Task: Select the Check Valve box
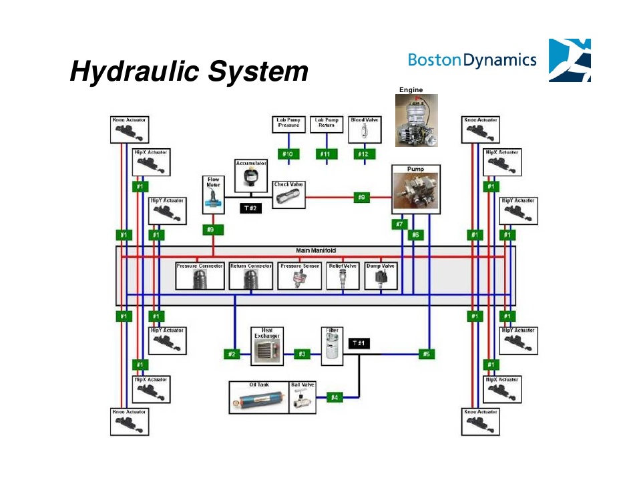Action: click(x=288, y=194)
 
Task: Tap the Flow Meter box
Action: click(x=214, y=194)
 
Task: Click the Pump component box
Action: click(x=417, y=190)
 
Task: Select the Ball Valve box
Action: click(x=304, y=397)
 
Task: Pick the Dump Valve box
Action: click(x=381, y=276)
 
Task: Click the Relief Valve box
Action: click(x=343, y=276)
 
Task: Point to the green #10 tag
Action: click(x=288, y=155)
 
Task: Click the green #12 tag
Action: click(x=363, y=155)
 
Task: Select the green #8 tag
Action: click(x=361, y=197)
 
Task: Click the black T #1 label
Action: click(x=360, y=343)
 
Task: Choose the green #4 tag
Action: click(x=335, y=397)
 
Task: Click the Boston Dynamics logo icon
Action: click(x=569, y=61)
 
